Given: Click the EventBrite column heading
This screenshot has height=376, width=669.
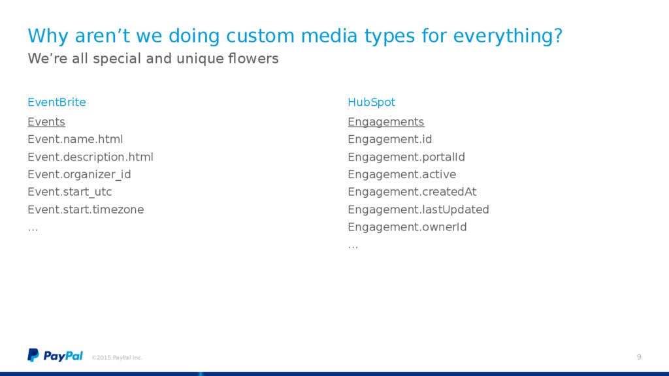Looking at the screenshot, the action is (x=57, y=102).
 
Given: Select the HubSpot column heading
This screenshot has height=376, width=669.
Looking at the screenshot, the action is (x=371, y=102).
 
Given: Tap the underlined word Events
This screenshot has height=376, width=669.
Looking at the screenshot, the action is (x=46, y=122).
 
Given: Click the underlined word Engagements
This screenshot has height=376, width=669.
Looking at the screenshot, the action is (x=385, y=122).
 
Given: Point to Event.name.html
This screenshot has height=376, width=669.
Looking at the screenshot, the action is (x=75, y=140).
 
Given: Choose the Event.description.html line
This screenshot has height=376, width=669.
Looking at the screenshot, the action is (x=90, y=157).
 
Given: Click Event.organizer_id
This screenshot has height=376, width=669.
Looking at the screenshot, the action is (x=79, y=175).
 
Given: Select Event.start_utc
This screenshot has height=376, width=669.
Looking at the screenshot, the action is (x=69, y=193).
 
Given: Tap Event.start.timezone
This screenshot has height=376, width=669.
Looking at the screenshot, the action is (x=86, y=210).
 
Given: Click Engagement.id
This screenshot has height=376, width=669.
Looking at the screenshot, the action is (x=389, y=140).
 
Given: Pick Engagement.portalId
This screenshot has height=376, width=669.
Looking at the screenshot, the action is (x=406, y=157).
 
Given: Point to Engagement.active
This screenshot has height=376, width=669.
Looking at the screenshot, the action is (x=402, y=175).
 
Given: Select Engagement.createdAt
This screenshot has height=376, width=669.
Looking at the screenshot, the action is (x=412, y=193).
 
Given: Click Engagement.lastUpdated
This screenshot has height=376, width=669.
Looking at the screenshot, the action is (x=418, y=210).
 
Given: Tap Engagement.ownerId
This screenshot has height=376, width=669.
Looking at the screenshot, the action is (x=407, y=227).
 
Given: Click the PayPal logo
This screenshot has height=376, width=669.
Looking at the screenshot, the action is (x=55, y=356).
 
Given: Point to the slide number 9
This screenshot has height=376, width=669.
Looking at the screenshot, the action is (x=639, y=357).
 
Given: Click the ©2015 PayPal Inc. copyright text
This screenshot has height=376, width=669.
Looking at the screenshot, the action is (x=117, y=358).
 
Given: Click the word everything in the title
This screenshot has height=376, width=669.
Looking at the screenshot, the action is (x=508, y=36).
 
